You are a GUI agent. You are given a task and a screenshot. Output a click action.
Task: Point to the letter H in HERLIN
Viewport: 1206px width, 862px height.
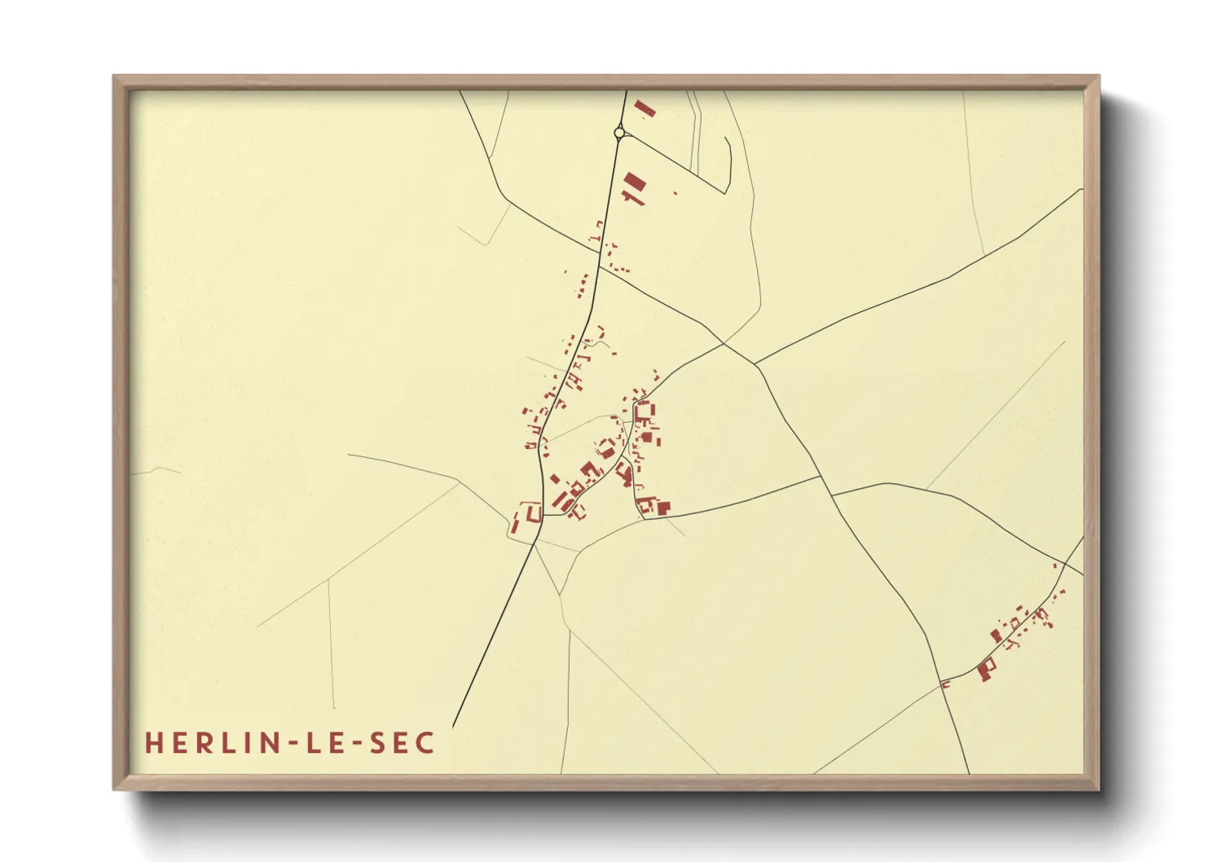(153, 742)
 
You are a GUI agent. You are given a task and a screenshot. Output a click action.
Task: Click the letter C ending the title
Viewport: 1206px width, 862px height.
(425, 742)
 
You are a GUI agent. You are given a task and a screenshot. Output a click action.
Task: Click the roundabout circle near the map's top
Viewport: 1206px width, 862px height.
(619, 132)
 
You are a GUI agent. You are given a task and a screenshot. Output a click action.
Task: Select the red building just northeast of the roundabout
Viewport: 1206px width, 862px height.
(645, 108)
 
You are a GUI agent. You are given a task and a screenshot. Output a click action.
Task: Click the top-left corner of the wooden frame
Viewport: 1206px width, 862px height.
(115, 77)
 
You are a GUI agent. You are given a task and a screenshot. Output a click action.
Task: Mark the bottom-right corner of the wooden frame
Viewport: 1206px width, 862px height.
(1097, 788)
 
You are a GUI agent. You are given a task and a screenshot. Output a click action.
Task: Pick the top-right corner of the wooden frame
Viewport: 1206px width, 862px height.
(1097, 77)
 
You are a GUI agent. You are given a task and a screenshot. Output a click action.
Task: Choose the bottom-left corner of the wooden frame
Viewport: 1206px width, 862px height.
(115, 788)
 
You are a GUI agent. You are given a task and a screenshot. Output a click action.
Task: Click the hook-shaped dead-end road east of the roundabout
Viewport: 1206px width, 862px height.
(728, 159)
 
